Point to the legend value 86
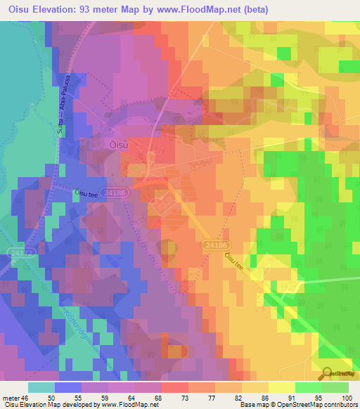[x=250, y=398]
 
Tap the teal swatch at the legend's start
[x=40, y=387]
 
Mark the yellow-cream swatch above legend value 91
[x=281, y=387]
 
